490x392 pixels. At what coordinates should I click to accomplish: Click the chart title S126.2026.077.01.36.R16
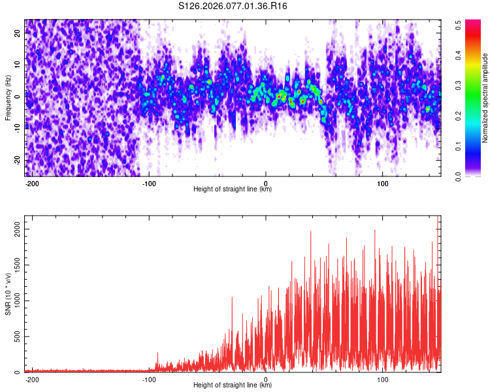(233, 7)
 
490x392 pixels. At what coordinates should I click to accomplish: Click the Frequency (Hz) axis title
(8, 98)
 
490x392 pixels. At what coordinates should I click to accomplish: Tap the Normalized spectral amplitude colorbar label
(485, 98)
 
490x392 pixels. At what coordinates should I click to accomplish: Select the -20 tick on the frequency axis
(17, 160)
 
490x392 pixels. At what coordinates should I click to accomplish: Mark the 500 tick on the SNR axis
(16, 336)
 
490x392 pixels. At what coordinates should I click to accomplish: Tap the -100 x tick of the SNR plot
(149, 379)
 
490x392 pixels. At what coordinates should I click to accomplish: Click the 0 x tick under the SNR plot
(266, 379)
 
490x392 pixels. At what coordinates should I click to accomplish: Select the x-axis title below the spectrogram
(233, 189)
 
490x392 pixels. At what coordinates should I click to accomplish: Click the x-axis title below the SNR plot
(233, 385)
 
